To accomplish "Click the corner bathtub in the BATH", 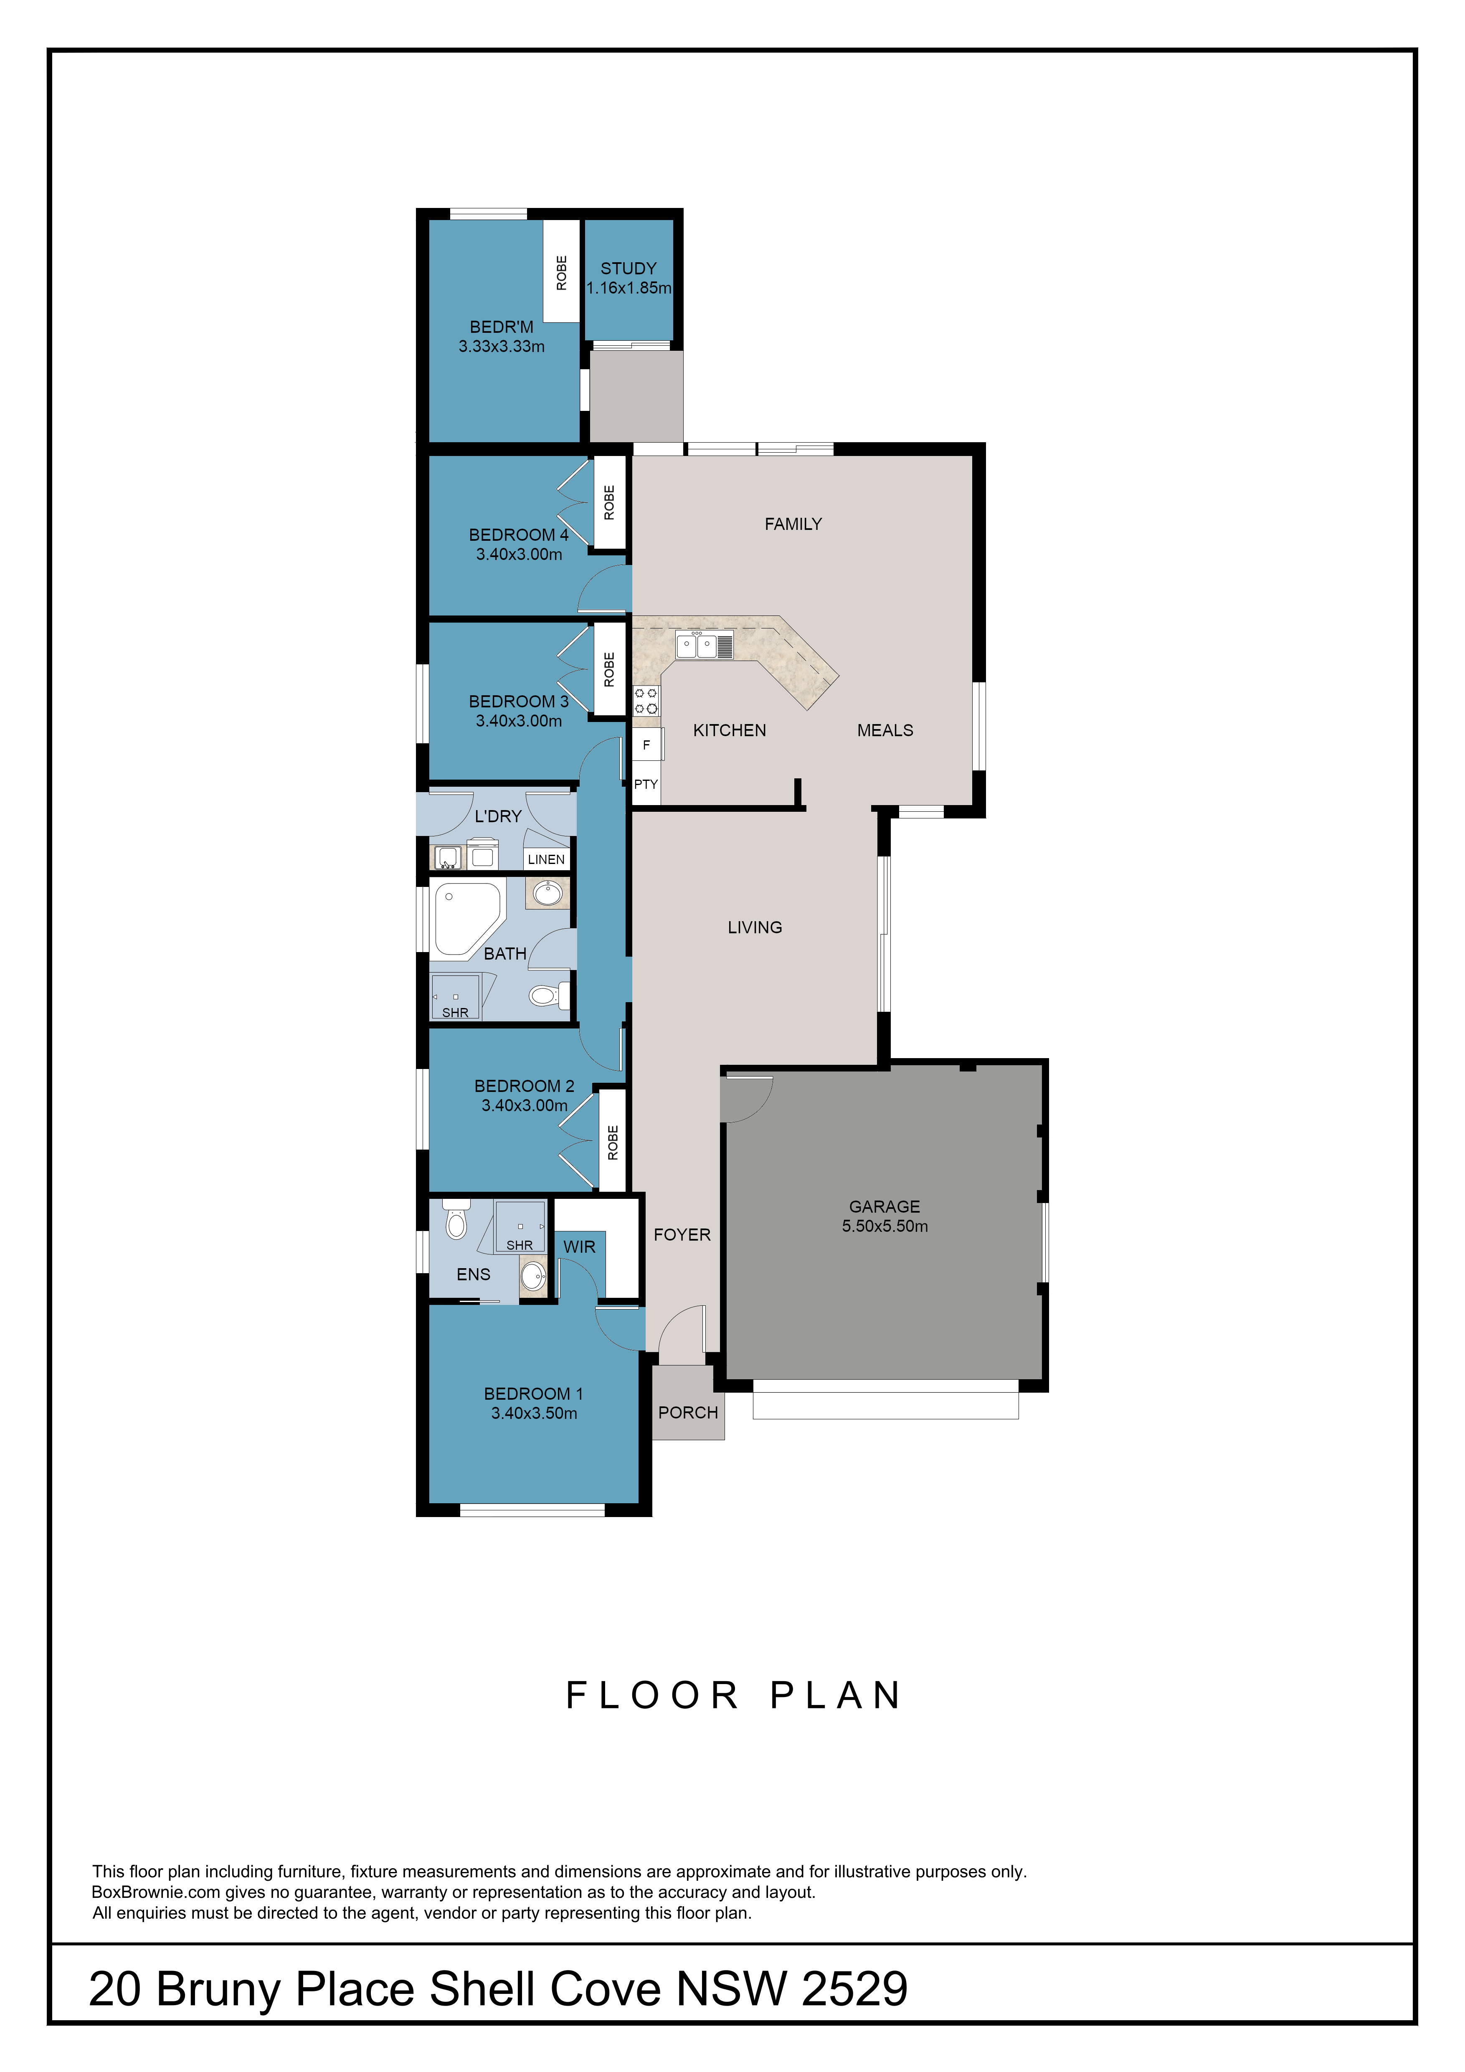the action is [466, 919].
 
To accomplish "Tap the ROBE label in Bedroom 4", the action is [609, 503].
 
